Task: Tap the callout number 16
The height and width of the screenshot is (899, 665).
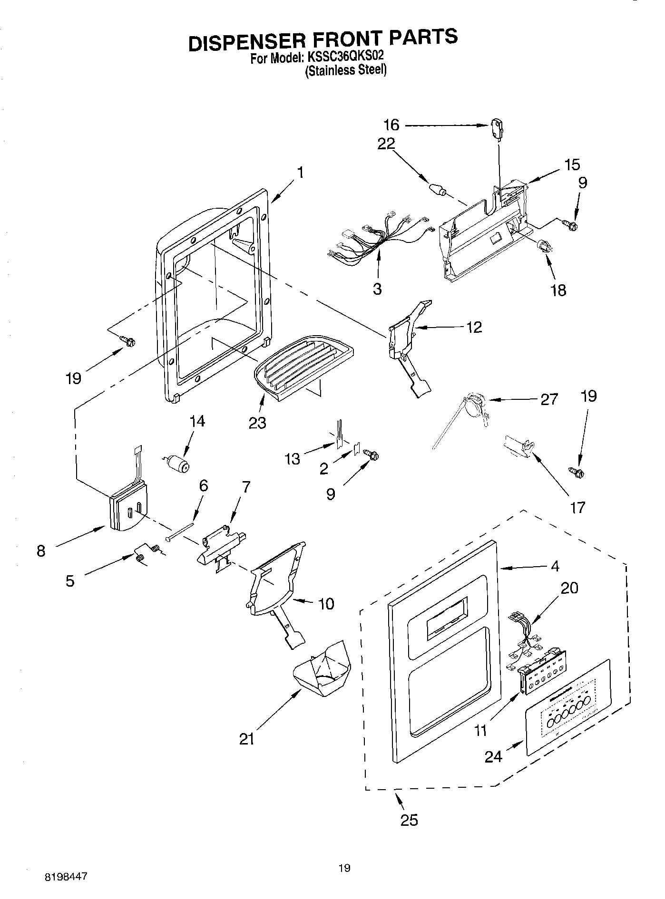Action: (x=391, y=125)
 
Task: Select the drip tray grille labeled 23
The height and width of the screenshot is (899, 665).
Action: (x=304, y=365)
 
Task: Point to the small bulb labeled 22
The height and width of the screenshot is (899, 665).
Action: (x=437, y=189)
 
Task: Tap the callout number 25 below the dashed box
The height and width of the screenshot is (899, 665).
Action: (x=409, y=820)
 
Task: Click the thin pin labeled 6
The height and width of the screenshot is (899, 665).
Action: (x=181, y=532)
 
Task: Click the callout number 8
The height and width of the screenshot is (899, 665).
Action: (x=41, y=551)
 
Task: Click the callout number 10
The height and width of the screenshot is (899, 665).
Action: (x=326, y=604)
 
